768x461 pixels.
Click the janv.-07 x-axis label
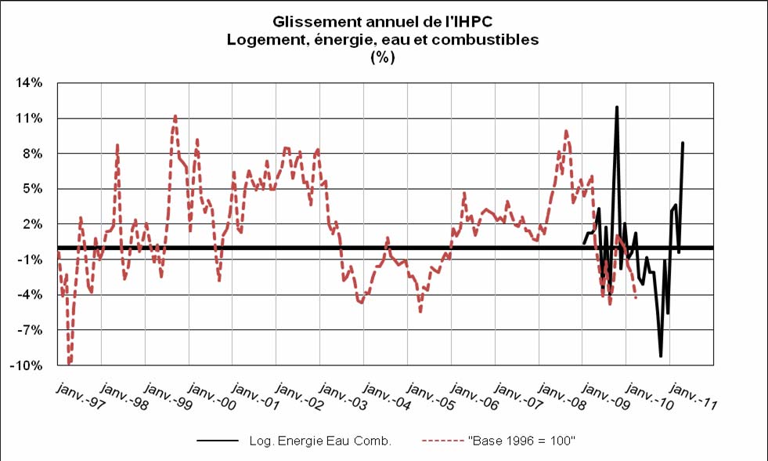(520, 396)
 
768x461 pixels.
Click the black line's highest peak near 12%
(617, 107)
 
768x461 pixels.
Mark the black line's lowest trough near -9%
(661, 356)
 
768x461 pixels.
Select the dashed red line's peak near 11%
(175, 116)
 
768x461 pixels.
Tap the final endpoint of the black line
(683, 143)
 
